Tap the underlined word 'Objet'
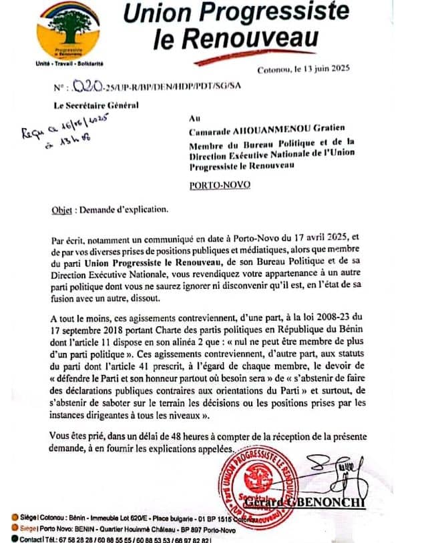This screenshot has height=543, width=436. coord(63,208)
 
